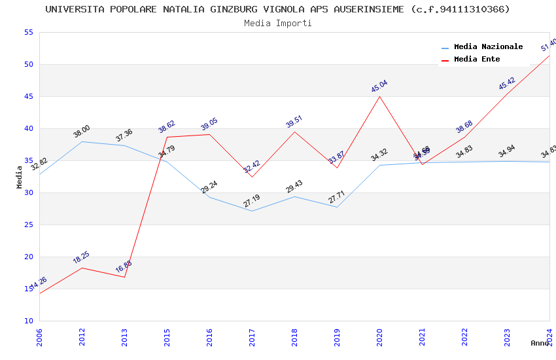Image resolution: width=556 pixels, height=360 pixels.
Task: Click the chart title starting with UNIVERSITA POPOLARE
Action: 277,9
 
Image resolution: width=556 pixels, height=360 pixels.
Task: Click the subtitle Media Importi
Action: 277,24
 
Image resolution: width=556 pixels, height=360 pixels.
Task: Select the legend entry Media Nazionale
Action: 488,47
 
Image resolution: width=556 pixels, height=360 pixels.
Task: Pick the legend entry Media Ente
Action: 477,60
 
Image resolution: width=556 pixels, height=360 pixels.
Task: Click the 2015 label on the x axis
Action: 167,338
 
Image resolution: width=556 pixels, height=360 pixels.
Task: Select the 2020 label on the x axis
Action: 379,338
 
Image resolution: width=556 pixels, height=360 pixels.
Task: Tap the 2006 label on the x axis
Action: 39,338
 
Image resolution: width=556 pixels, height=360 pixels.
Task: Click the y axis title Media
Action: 20,177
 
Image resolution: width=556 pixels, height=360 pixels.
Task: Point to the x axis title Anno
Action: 540,343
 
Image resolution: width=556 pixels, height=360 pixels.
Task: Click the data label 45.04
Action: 379,86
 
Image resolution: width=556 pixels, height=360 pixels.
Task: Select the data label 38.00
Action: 82,132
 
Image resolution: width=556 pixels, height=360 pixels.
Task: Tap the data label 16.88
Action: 124,266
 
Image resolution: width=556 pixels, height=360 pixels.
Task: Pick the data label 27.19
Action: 252,200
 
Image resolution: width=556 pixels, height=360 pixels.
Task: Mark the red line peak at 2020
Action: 379,96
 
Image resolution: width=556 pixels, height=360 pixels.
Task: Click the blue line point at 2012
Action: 82,141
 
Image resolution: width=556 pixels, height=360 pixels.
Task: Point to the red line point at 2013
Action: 124,277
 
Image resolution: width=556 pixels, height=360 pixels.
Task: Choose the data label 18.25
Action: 81,257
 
